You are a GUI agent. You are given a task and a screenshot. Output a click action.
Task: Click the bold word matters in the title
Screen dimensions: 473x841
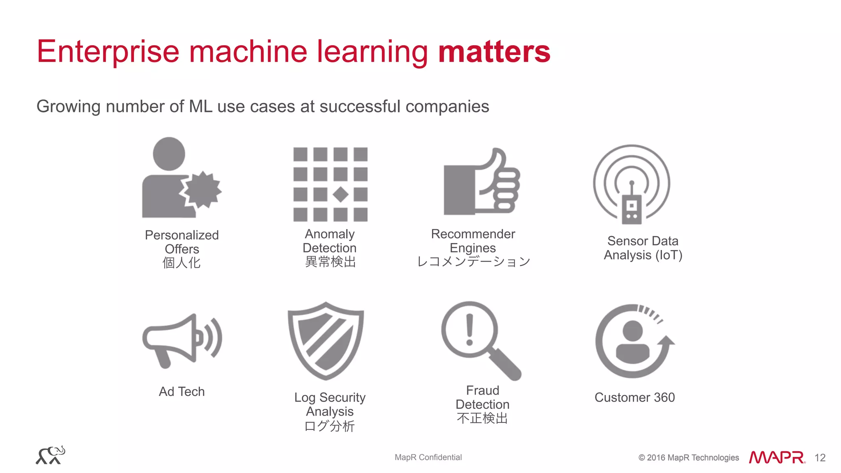pyautogui.click(x=494, y=52)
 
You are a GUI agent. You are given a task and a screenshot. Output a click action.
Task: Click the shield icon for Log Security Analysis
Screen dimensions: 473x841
pyautogui.click(x=326, y=341)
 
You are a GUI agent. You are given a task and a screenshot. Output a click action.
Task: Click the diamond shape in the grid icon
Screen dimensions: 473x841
pyautogui.click(x=340, y=194)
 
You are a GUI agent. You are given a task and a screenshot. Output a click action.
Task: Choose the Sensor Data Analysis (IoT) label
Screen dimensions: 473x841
pyautogui.click(x=643, y=248)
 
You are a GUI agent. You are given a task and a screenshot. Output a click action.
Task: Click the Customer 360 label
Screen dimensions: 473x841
pyautogui.click(x=634, y=397)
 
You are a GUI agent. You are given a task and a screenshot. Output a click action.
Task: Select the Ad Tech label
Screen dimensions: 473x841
pyautogui.click(x=182, y=392)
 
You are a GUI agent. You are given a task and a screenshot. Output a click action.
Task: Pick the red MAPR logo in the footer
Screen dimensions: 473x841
pyautogui.click(x=777, y=457)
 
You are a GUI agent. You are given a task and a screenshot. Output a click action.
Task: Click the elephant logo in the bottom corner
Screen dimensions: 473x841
pyautogui.click(x=51, y=455)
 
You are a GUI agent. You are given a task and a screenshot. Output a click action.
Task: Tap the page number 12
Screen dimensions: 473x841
pyautogui.click(x=820, y=458)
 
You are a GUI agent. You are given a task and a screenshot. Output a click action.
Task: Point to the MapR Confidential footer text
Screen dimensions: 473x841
pyautogui.click(x=428, y=457)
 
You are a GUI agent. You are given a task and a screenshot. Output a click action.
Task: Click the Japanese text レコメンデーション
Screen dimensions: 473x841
pyautogui.click(x=473, y=262)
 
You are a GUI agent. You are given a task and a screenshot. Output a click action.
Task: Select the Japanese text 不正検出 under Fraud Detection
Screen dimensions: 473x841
pyautogui.click(x=482, y=419)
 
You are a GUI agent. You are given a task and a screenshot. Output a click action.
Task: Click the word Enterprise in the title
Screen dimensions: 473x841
pyautogui.click(x=108, y=52)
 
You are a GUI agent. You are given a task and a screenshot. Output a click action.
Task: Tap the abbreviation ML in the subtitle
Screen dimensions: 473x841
pyautogui.click(x=201, y=107)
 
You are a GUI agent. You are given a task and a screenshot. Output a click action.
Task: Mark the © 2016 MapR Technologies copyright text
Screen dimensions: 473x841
pyautogui.click(x=688, y=458)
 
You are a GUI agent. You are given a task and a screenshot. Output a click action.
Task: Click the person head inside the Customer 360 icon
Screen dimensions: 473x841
pyautogui.click(x=632, y=330)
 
